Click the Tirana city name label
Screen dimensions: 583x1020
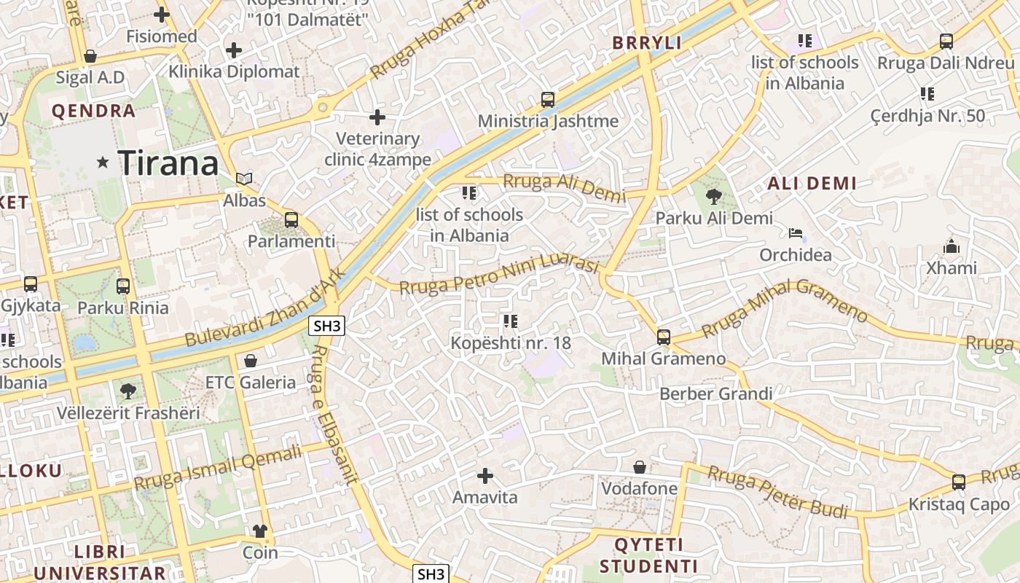pyautogui.click(x=168, y=163)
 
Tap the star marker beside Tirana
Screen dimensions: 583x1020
pyautogui.click(x=103, y=163)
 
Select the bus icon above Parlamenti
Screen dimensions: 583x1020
pyautogui.click(x=291, y=219)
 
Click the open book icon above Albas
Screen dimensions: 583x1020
pyautogui.click(x=244, y=179)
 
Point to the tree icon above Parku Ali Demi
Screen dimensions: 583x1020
pyautogui.click(x=714, y=195)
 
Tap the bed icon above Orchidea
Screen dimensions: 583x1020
pyautogui.click(x=796, y=233)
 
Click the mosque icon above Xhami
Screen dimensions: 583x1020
pyautogui.click(x=951, y=246)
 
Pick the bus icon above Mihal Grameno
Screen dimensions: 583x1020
pyautogui.click(x=663, y=337)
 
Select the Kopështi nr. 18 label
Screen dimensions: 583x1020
pyautogui.click(x=510, y=343)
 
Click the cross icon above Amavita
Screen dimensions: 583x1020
pyautogui.click(x=484, y=476)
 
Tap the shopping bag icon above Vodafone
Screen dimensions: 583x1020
pyautogui.click(x=639, y=466)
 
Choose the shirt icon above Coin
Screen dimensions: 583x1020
pyautogui.click(x=260, y=531)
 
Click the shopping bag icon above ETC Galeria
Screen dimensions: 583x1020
pyautogui.click(x=251, y=360)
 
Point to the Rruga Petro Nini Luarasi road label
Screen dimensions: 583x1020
pyautogui.click(x=498, y=277)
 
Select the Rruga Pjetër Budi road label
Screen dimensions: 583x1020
pyautogui.click(x=778, y=493)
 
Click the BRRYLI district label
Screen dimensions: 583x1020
pyautogui.click(x=647, y=43)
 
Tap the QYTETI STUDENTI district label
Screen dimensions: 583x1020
pyautogui.click(x=648, y=555)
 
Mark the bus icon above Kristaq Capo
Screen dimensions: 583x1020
pyautogui.click(x=959, y=482)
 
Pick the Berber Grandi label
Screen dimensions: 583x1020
pyautogui.click(x=715, y=394)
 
